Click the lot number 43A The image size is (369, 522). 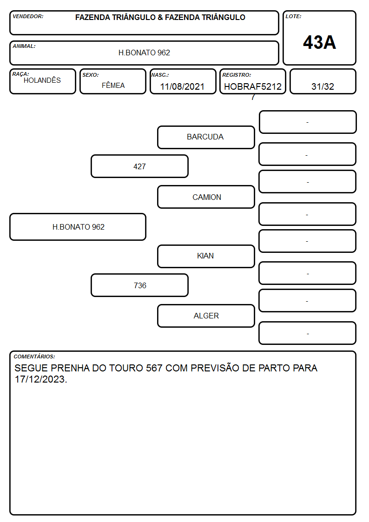319,42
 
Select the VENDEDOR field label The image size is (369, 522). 28,16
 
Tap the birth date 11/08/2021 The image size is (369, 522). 182,86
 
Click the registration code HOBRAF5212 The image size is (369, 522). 253,86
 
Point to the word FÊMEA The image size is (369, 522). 113,85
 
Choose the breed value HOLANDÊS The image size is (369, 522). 42,80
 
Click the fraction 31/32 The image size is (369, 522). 323,86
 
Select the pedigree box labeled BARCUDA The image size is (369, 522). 206,137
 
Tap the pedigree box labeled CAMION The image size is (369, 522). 206,197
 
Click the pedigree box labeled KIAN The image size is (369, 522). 206,256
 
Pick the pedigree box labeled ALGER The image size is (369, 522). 206,316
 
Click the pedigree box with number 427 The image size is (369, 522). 140,166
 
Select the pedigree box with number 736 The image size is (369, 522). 140,285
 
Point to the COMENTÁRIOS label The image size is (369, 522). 34,357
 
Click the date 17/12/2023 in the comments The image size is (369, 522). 40,379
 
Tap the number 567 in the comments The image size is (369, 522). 154,368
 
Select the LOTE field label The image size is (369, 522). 293,16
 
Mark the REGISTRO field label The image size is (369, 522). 237,75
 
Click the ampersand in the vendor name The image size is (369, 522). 160,17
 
